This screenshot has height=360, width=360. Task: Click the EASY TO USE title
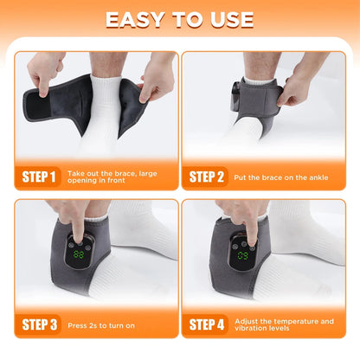pos(180,19)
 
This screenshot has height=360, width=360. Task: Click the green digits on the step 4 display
pos(243,255)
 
